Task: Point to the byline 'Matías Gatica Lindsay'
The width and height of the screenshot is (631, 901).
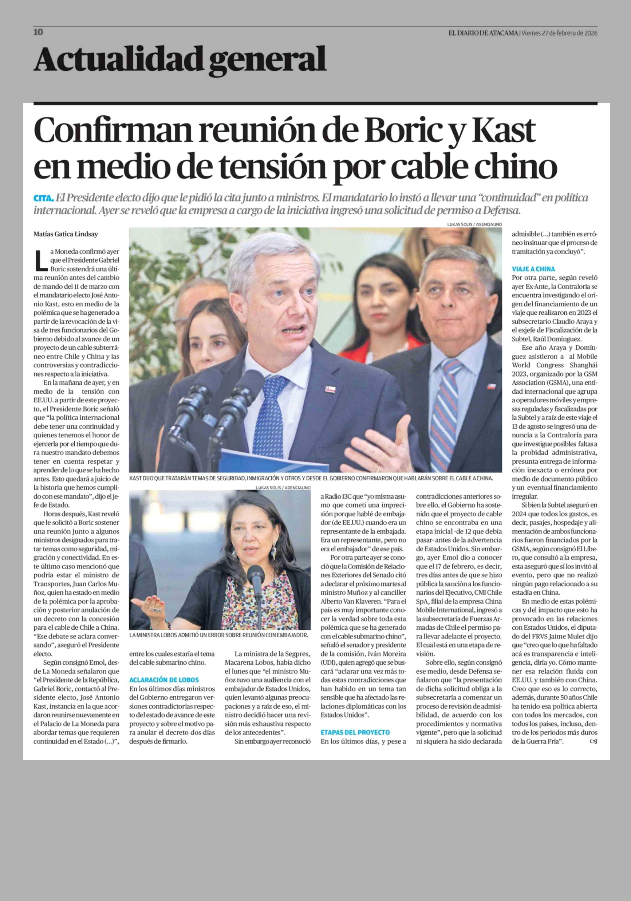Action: pyautogui.click(x=65, y=234)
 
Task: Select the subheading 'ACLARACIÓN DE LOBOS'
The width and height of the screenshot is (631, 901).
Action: pyautogui.click(x=164, y=680)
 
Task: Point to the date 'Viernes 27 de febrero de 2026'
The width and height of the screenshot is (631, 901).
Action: pyautogui.click(x=559, y=33)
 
